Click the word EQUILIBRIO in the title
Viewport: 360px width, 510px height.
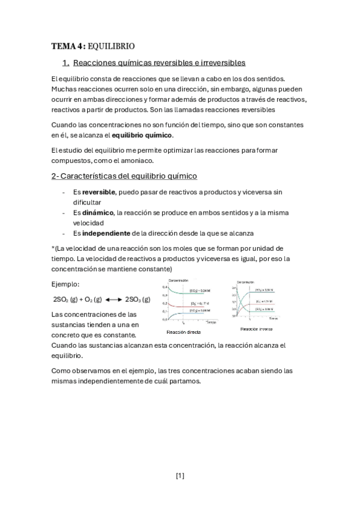[111, 46]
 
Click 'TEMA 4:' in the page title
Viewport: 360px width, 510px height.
[69, 46]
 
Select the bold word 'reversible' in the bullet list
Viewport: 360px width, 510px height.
[99, 192]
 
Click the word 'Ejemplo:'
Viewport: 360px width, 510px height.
[66, 284]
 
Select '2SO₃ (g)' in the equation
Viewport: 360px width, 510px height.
[137, 299]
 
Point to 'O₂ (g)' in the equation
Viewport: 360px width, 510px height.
[93, 299]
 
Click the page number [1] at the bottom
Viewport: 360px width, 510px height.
[180, 476]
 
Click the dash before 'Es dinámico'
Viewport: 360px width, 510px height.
[64, 212]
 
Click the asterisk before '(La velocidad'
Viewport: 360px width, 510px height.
[53, 248]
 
